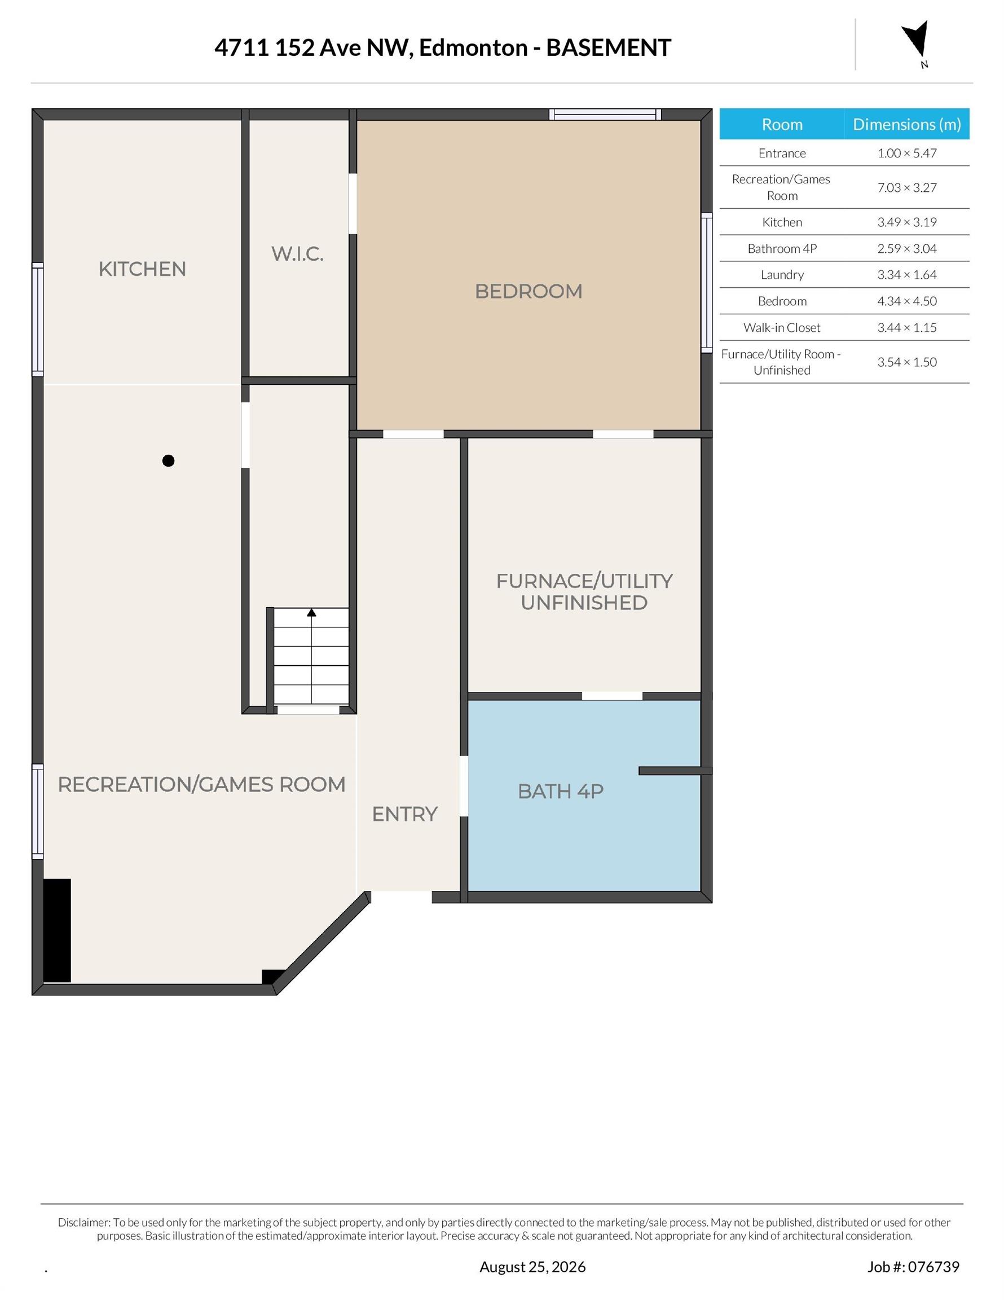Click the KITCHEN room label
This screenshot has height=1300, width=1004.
[142, 269]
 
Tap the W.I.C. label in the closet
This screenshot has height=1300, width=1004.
[298, 254]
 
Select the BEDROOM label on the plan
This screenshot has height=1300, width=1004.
[529, 291]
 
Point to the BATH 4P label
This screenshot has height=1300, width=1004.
[561, 791]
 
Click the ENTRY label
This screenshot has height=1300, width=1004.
[404, 814]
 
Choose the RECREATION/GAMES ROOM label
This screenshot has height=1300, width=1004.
[202, 784]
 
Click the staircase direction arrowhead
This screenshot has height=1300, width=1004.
[311, 613]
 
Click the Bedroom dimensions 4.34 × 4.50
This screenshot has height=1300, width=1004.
[906, 301]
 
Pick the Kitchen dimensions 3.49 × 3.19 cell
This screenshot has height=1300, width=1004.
[906, 222]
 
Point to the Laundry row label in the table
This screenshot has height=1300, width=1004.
[782, 275]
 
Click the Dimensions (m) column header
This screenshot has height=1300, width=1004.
[906, 124]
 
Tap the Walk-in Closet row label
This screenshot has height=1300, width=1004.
[782, 327]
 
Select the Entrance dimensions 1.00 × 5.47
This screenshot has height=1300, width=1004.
[906, 153]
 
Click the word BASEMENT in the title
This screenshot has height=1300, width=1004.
[609, 47]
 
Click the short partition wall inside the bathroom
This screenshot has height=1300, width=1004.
[676, 771]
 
